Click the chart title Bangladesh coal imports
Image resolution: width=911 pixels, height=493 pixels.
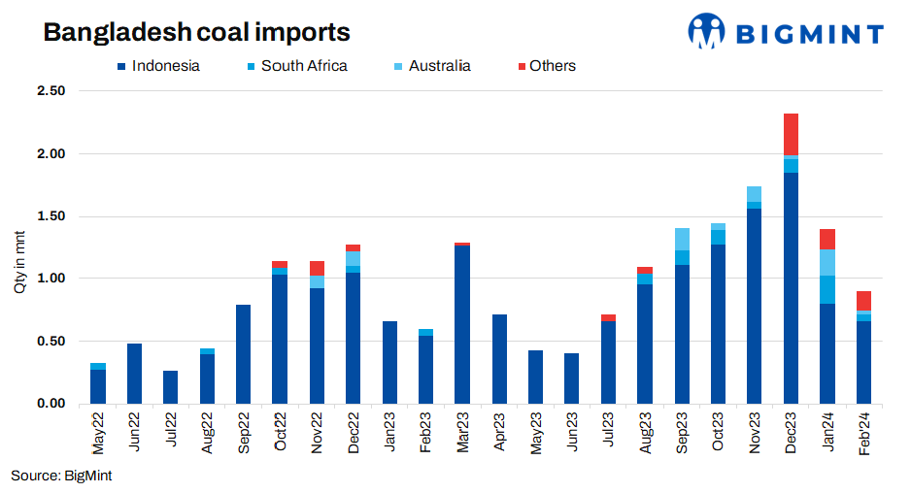tap(196, 32)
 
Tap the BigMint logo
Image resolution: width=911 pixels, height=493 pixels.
tap(786, 32)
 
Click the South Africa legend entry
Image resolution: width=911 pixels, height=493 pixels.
tap(295, 66)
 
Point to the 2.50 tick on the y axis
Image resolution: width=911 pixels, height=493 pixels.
tap(51, 91)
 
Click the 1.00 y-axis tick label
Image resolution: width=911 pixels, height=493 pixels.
tap(51, 279)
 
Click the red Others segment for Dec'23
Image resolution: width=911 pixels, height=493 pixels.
tap(791, 134)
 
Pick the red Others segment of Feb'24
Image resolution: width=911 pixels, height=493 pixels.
tap(863, 301)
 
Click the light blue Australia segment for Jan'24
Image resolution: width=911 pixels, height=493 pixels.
tap(827, 262)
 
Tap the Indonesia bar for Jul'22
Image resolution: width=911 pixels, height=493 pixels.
tap(171, 386)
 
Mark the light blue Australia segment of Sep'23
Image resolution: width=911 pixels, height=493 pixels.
tap(682, 239)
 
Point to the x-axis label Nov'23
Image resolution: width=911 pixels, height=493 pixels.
tap(755, 432)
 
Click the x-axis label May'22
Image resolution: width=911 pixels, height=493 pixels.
tap(98, 432)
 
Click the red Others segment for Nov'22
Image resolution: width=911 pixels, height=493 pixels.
tap(317, 268)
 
